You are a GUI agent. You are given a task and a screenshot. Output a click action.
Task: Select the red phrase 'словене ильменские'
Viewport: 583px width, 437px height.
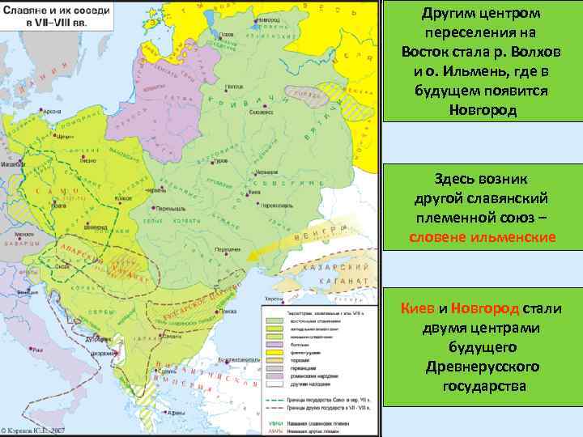482,237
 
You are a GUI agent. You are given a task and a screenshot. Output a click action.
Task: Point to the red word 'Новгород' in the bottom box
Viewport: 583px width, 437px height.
483,308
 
